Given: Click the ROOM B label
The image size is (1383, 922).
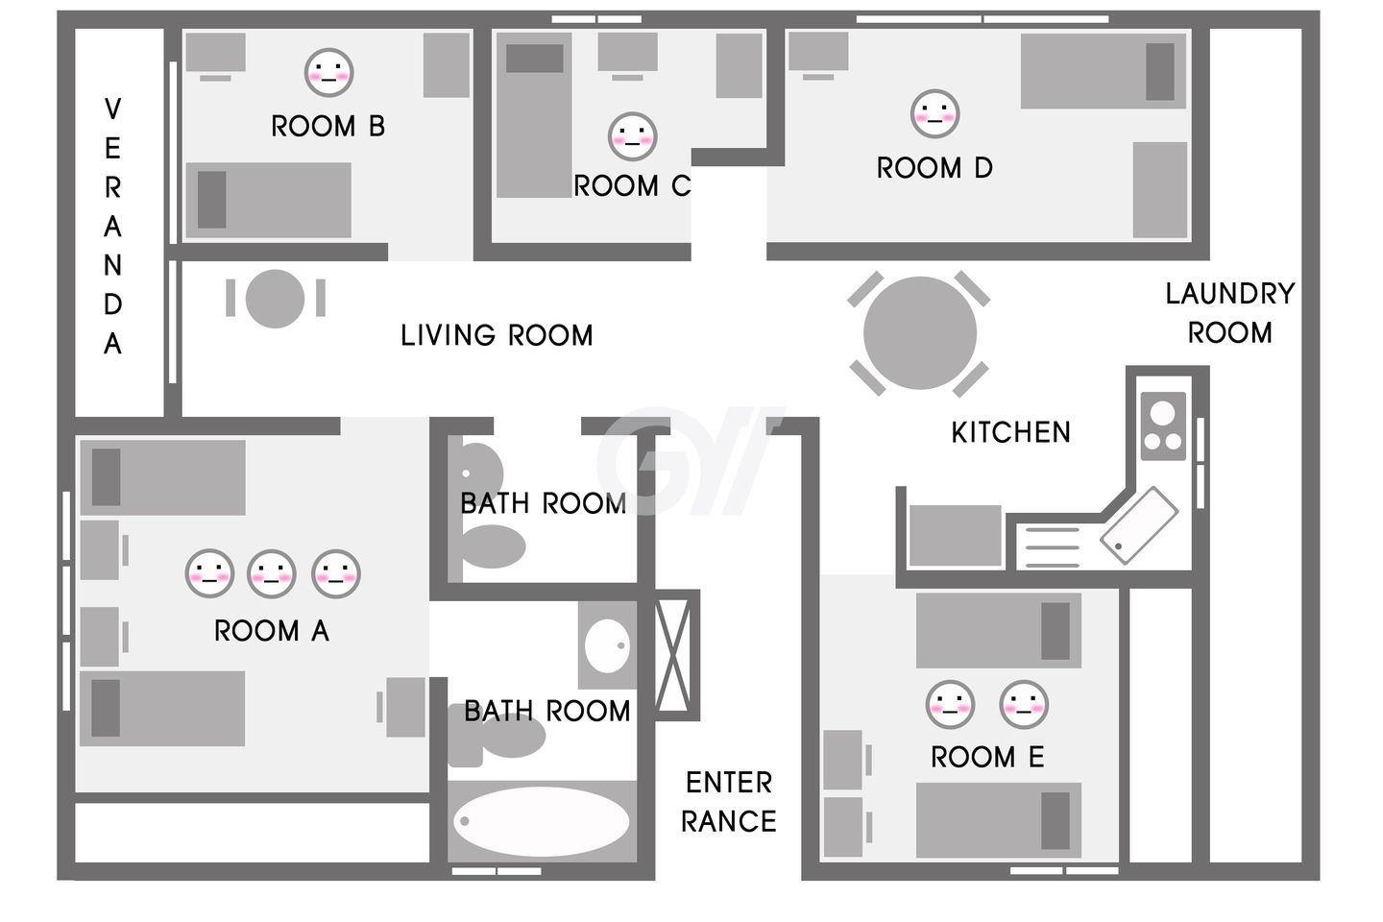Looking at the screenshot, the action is (x=328, y=127).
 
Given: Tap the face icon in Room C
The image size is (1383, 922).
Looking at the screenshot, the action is (x=632, y=136).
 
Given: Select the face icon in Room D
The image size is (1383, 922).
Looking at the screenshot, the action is (x=934, y=114).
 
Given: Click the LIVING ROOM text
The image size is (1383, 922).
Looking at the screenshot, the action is (x=497, y=335).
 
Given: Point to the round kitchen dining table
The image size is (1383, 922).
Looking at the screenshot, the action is (x=919, y=333).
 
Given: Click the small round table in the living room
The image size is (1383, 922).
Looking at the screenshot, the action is (x=275, y=299).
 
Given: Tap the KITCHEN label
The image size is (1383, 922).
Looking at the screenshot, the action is (x=1010, y=432).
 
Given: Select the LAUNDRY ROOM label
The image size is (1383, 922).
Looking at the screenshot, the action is (x=1230, y=313).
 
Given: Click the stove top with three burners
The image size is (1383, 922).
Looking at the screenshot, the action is (x=1163, y=426).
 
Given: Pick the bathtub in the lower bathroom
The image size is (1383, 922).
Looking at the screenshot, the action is (x=542, y=821).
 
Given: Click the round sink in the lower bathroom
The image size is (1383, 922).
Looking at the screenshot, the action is (x=608, y=646).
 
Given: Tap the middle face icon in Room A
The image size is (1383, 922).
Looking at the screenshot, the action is (x=272, y=573).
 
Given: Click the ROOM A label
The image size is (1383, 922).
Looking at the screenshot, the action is (x=272, y=631).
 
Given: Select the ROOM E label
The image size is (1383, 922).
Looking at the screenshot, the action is (x=987, y=757).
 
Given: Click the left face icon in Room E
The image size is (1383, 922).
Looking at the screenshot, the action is (x=950, y=705).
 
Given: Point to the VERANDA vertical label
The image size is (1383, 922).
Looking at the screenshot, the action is (x=112, y=226).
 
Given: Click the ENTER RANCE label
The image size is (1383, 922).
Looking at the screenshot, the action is (x=729, y=802).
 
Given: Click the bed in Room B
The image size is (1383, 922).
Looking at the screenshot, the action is (x=269, y=200).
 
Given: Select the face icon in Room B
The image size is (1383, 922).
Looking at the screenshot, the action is (x=328, y=72).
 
